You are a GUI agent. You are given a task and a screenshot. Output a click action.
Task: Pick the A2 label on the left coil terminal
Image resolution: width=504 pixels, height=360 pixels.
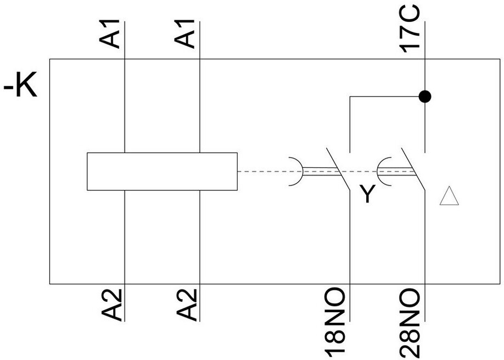coord(113,304)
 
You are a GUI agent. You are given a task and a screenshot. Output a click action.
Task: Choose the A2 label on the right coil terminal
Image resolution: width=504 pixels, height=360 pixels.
coord(188,304)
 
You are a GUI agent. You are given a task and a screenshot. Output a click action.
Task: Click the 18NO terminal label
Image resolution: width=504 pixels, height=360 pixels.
coord(337,320)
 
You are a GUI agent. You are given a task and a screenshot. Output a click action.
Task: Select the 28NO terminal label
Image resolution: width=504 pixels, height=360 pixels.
coord(411,320)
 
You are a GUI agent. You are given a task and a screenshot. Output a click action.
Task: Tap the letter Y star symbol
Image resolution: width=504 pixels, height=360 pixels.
coord(366,194)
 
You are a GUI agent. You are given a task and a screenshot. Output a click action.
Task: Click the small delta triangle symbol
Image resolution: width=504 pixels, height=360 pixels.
coord(449,196)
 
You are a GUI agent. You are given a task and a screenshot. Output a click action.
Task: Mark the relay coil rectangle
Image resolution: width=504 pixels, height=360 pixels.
coord(162,172)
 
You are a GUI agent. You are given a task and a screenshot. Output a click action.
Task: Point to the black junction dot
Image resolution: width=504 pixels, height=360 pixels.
coord(424,97)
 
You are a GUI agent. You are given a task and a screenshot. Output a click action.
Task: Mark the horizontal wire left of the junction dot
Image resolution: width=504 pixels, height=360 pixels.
coord(384,97)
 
